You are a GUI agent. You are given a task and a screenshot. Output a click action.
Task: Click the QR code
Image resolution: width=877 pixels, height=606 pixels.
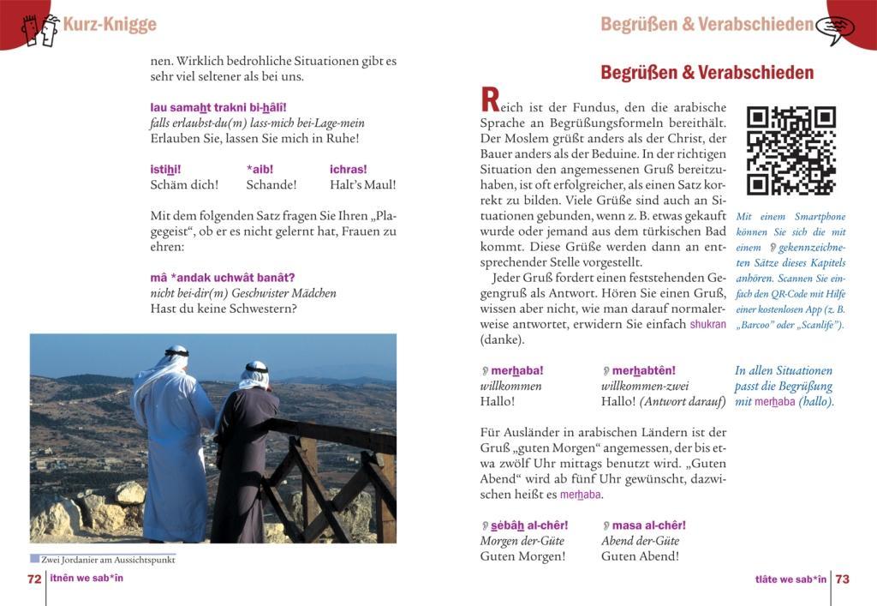(x=790, y=151)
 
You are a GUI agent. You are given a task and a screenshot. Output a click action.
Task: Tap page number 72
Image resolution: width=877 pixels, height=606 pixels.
(x=34, y=579)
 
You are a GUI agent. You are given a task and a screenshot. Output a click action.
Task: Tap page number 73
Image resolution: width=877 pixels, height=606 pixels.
(x=843, y=579)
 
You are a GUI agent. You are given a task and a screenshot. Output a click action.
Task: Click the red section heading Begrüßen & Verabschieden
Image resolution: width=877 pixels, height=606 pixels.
(x=707, y=73)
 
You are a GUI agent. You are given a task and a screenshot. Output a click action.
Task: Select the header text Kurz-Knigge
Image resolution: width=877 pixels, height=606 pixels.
(x=110, y=24)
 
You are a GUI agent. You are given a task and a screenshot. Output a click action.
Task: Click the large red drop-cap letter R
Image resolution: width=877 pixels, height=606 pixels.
(x=490, y=100)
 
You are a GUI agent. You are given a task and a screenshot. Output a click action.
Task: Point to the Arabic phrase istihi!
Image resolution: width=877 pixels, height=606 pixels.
(x=165, y=169)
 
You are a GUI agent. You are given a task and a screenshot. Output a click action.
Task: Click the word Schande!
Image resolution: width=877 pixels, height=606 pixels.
(x=271, y=184)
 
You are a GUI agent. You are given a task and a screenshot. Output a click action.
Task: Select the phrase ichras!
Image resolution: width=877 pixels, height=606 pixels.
(x=348, y=169)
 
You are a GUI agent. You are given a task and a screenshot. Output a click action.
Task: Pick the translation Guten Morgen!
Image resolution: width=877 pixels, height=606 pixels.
(x=522, y=556)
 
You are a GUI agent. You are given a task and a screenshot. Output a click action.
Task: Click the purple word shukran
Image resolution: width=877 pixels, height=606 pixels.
(x=707, y=325)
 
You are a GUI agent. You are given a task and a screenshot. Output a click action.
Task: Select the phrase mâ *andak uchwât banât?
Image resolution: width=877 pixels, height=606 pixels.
(x=222, y=277)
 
